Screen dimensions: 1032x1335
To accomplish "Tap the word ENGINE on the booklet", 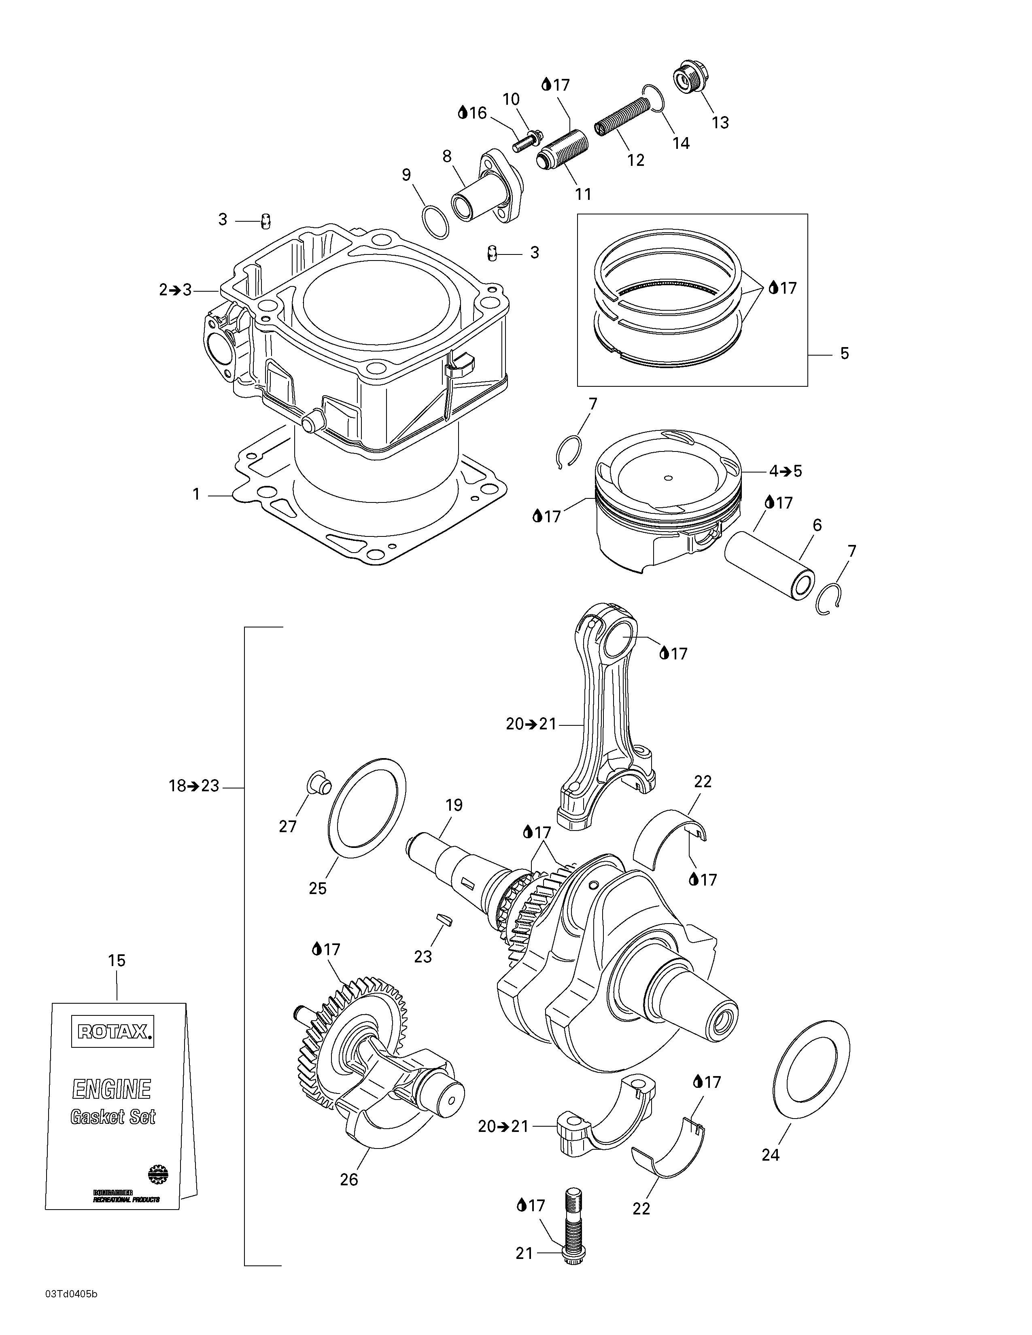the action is [112, 1089].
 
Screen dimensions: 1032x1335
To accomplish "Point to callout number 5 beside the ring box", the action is [844, 353].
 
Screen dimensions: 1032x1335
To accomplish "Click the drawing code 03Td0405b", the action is [71, 1311].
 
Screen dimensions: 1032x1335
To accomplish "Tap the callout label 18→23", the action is [194, 786].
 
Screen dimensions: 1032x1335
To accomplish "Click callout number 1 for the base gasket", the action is [196, 494].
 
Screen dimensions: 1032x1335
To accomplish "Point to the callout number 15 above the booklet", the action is [117, 960].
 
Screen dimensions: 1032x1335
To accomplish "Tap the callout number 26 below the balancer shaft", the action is [349, 1179].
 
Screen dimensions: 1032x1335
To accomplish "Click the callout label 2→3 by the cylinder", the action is [176, 290].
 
